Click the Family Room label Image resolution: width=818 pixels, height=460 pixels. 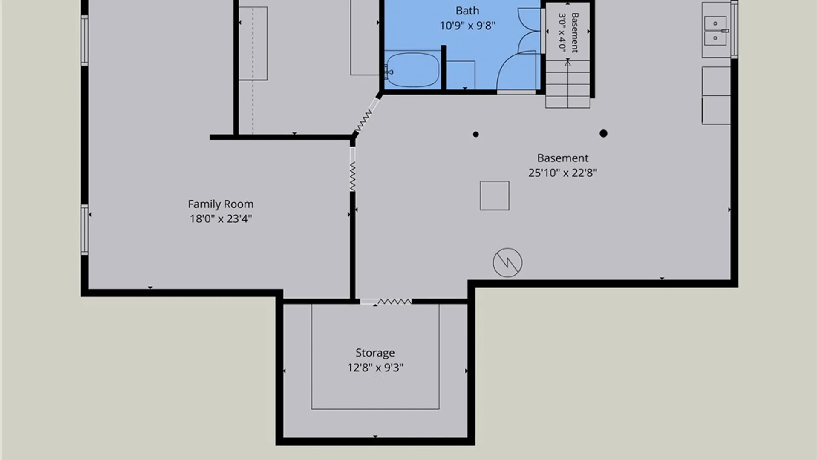[x=221, y=204]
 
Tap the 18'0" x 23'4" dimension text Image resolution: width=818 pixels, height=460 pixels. [x=221, y=219]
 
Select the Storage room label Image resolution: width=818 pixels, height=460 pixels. [x=375, y=353]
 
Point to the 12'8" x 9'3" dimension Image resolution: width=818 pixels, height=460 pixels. [x=375, y=368]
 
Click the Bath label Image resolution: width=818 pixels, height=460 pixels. [x=467, y=11]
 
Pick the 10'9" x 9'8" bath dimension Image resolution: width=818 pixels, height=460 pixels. [x=467, y=26]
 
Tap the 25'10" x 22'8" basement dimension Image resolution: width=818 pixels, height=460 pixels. [x=563, y=173]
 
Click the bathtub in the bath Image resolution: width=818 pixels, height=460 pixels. [x=412, y=70]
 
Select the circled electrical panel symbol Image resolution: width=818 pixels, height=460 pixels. [x=507, y=263]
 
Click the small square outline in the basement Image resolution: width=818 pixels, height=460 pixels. [x=495, y=195]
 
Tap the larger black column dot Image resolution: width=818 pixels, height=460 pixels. [x=603, y=134]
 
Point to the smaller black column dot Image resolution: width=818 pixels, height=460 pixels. [x=476, y=135]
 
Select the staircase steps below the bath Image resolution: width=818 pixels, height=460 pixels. [x=568, y=84]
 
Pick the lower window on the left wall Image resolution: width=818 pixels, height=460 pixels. [x=85, y=230]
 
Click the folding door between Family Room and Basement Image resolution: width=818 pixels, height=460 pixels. [x=353, y=169]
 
